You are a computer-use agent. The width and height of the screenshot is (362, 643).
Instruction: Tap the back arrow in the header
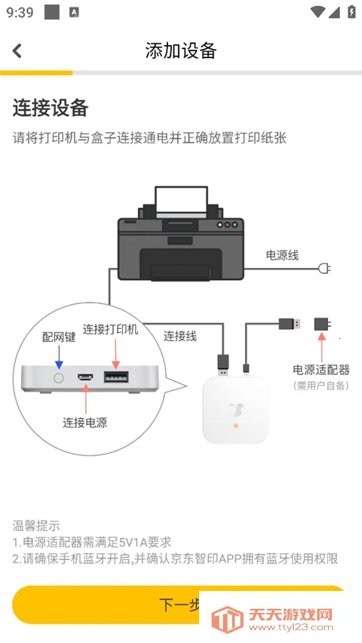[17, 51]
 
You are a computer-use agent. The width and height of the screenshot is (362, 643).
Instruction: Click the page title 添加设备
[181, 51]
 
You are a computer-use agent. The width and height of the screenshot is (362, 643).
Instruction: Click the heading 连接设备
[51, 108]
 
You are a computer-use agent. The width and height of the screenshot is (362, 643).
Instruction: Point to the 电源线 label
[282, 255]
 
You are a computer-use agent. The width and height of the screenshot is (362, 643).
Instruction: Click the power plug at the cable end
[325, 268]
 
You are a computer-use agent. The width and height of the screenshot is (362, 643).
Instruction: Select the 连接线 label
[180, 336]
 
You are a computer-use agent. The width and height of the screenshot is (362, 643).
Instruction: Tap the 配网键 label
[58, 337]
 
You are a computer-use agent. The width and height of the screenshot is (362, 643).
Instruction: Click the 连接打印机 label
[111, 330]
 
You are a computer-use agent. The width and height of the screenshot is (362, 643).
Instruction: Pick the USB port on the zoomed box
[115, 377]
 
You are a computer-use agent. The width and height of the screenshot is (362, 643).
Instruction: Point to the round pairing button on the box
[58, 376]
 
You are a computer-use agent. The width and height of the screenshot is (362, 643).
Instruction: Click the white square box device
[235, 410]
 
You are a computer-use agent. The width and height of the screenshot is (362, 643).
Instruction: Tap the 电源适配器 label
[321, 370]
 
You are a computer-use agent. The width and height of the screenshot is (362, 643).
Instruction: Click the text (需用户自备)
[321, 385]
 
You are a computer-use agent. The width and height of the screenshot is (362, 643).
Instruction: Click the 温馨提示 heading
[36, 525]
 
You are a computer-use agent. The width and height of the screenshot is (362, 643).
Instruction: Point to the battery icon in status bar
[351, 12]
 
